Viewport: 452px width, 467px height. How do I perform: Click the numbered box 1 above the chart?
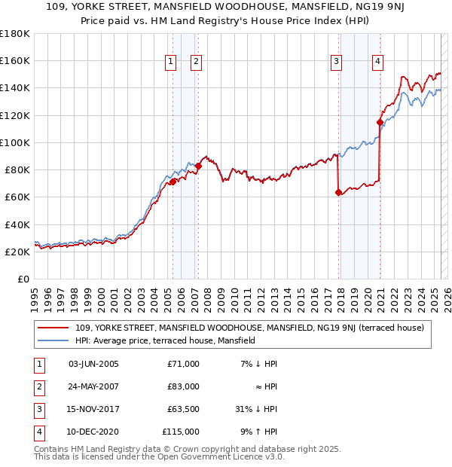coord(172,63)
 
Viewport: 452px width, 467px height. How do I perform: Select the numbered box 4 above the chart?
coord(377,63)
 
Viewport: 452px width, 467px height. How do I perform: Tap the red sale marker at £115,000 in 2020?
coord(380,121)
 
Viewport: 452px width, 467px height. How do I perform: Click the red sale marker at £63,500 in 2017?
coord(338,192)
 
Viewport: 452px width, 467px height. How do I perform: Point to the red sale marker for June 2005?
coord(173,182)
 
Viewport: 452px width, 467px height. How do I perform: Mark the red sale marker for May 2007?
coord(198,165)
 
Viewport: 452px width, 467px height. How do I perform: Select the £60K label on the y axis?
coord(17,197)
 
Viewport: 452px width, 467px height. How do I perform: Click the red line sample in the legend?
coord(53,328)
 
